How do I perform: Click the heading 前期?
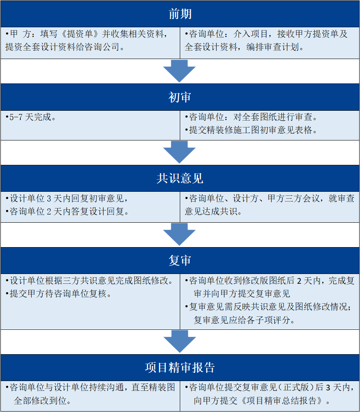click(180, 14)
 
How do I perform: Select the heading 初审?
click(180, 97)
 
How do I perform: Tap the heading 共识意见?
click(180, 178)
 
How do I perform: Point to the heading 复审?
click(180, 261)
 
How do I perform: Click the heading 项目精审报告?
click(180, 367)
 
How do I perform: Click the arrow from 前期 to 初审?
click(180, 71)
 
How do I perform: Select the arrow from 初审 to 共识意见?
click(180, 152)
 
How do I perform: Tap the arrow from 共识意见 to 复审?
click(180, 234)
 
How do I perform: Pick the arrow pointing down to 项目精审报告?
click(180, 341)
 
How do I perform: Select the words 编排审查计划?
click(273, 47)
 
